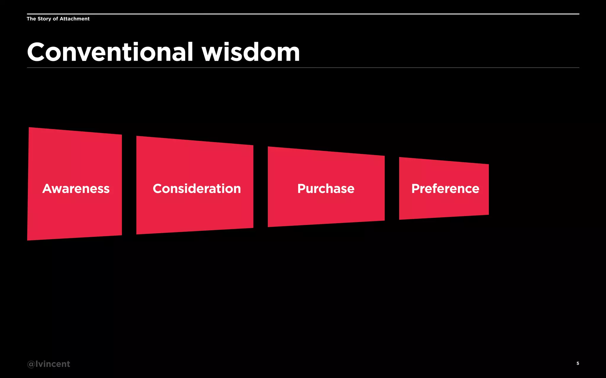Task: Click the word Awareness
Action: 76,189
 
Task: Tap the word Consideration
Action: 197,189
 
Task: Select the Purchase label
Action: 326,189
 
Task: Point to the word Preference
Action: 445,189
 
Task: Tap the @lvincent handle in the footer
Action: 49,364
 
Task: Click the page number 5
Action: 578,363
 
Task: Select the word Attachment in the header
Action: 75,19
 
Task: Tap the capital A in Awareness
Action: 48,189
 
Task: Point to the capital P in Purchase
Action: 302,189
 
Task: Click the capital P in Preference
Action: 416,189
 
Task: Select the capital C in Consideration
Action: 158,189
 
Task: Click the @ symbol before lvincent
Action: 31,364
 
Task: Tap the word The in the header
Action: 31,19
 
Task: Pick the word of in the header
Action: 55,19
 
